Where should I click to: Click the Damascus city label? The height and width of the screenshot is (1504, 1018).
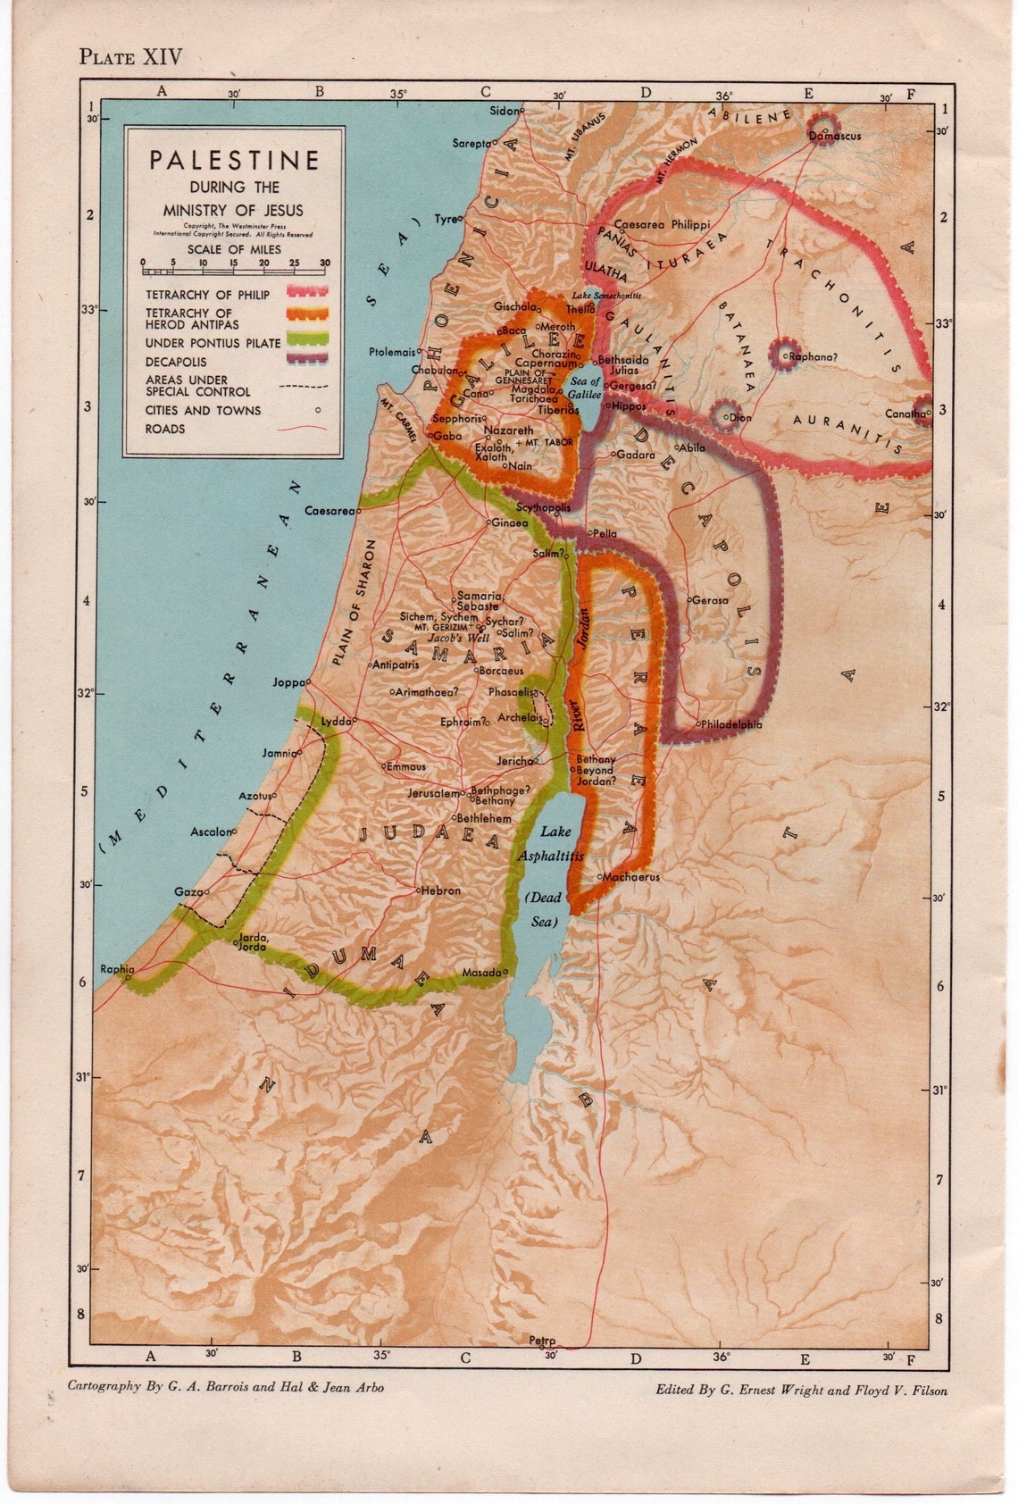835,137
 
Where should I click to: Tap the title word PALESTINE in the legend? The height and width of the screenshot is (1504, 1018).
234,160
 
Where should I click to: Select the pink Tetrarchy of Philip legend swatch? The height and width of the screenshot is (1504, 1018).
306,292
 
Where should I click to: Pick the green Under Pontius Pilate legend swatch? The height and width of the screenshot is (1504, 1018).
306,342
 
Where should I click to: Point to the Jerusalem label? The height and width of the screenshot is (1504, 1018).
433,793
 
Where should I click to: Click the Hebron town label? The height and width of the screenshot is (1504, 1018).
441,890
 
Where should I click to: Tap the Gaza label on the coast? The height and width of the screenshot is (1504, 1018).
188,892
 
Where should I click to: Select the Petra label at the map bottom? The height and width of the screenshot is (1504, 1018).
541,1341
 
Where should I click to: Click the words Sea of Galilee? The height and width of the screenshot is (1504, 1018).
585,388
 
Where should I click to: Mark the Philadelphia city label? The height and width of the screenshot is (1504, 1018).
731,724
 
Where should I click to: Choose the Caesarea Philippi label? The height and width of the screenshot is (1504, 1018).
663,225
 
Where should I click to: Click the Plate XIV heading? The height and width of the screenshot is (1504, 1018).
130,57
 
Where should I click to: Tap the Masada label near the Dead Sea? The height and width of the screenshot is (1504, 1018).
480,973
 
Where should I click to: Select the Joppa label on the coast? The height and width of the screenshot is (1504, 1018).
288,682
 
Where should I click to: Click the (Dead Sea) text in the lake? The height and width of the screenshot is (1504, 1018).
543,909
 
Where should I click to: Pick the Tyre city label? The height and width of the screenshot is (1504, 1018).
445,219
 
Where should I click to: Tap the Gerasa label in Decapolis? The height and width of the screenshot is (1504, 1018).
710,600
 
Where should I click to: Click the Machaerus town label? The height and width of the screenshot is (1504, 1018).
630,877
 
